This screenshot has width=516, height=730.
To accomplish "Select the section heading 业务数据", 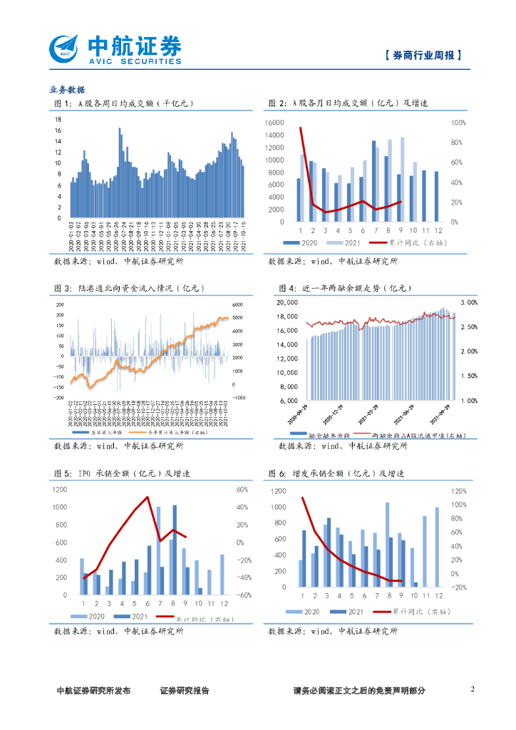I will click(x=67, y=90).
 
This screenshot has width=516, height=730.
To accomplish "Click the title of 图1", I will click(x=124, y=104).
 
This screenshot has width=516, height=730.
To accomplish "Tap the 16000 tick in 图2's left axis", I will click(x=274, y=123).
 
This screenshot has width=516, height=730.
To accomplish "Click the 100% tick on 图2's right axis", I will click(x=459, y=123).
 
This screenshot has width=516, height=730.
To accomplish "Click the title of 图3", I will click(x=129, y=288).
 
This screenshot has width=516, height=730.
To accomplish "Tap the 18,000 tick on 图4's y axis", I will click(x=286, y=302).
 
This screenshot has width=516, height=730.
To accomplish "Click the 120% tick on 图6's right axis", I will click(x=460, y=491).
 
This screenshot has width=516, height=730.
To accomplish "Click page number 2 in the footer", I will click(x=473, y=689).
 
